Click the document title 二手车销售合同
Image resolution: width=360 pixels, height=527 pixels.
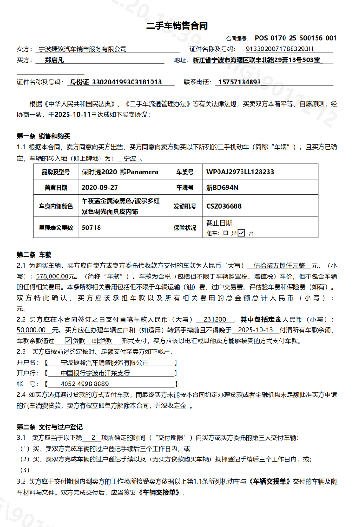pyautogui.click(x=177, y=25)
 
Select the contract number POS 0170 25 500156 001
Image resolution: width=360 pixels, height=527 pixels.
pyautogui.click(x=295, y=38)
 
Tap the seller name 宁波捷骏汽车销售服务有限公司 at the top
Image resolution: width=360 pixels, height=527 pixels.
pyautogui.click(x=83, y=49)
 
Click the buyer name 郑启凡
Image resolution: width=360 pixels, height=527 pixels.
pyautogui.click(x=54, y=60)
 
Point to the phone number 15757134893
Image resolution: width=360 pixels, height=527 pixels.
pyautogui.click(x=239, y=82)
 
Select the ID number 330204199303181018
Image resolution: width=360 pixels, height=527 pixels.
pyautogui.click(x=116, y=82)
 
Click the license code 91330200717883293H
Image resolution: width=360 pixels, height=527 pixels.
pyautogui.click(x=280, y=49)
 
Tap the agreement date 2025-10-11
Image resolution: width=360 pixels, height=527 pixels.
pyautogui.click(x=73, y=115)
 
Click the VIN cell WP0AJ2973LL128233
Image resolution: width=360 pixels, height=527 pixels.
pyautogui.click(x=240, y=172)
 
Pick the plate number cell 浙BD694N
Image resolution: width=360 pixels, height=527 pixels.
pyautogui.click(x=222, y=187)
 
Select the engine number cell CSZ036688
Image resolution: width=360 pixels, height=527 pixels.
pyautogui.click(x=224, y=206)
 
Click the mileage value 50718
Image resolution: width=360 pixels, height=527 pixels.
pyautogui.click(x=91, y=227)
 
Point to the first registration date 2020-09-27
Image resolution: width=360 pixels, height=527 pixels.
pyautogui.click(x=100, y=187)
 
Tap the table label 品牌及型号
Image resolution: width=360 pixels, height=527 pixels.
pyautogui.click(x=56, y=172)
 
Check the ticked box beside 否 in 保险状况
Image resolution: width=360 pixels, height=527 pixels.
pyautogui.click(x=242, y=233)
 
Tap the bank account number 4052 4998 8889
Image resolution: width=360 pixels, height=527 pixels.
pyautogui.click(x=85, y=384)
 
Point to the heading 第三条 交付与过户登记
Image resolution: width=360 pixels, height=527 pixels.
pyautogui.click(x=50, y=427)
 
